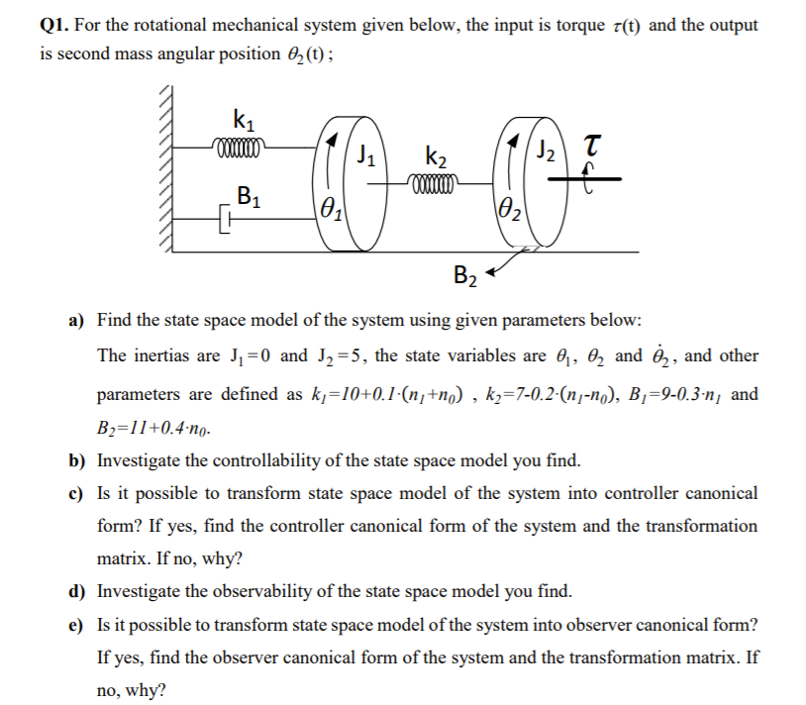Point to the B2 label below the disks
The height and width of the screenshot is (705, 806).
coord(464,275)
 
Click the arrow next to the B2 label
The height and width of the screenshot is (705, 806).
coord(502,261)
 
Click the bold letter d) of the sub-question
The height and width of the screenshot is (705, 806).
coord(75,592)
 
